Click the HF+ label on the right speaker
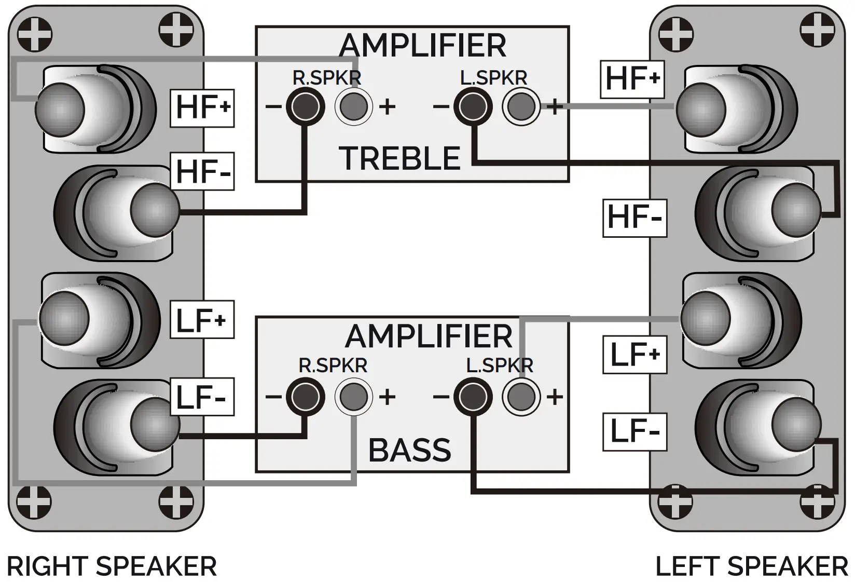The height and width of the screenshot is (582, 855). (202, 107)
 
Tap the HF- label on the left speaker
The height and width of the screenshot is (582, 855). (635, 217)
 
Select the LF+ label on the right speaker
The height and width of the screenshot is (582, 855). (202, 320)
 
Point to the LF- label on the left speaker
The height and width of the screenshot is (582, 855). (635, 431)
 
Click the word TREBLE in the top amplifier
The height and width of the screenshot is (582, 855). (400, 158)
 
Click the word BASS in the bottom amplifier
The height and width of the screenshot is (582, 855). (410, 450)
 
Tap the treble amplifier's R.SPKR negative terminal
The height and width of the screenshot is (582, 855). (306, 106)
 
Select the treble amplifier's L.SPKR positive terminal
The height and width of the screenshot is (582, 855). (520, 106)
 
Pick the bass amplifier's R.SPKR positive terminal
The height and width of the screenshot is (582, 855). (353, 397)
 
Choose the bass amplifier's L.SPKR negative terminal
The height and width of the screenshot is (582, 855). (473, 397)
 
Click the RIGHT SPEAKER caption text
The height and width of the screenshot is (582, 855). (112, 566)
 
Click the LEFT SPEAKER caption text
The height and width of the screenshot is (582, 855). (752, 566)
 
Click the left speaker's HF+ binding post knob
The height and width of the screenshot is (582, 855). (701, 110)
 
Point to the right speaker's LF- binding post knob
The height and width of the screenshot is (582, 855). (155, 423)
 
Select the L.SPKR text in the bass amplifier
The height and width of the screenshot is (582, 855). (499, 366)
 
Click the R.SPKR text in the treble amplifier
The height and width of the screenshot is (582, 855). (326, 78)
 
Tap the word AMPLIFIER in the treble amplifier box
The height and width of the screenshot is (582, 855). (422, 46)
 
